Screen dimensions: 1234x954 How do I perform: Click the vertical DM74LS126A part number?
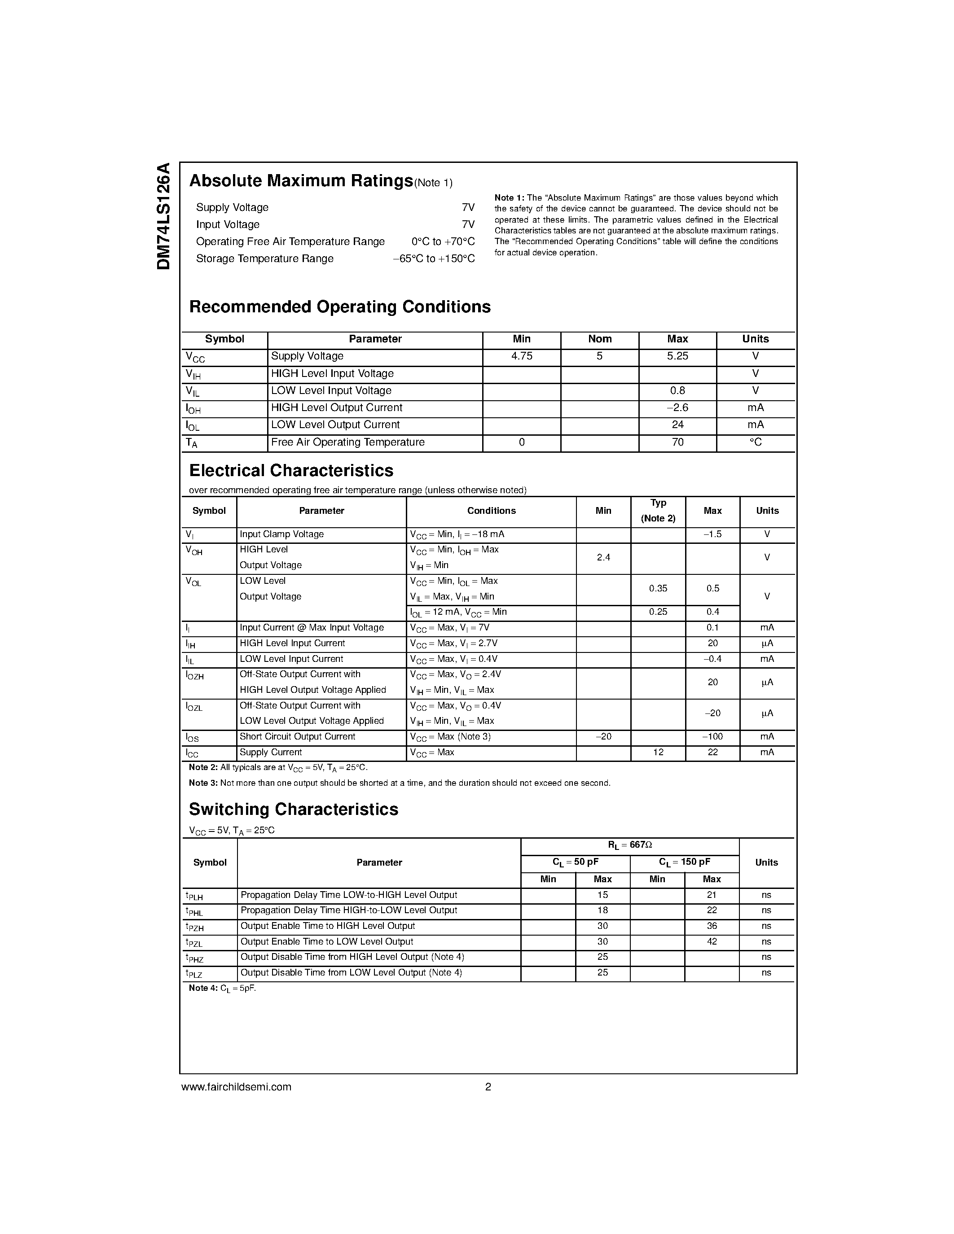tap(163, 216)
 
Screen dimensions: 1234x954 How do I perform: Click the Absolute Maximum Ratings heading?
tap(301, 181)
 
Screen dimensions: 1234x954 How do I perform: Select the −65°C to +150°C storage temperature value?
tap(434, 259)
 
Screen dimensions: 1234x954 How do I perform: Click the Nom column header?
tap(600, 339)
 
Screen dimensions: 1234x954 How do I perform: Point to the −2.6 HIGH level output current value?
tap(677, 408)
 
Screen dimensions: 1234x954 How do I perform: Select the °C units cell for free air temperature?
tap(755, 442)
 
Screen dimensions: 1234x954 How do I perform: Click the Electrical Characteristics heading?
tap(291, 471)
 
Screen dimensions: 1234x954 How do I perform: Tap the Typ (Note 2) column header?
tap(658, 511)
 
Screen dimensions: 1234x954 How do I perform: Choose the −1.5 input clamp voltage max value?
tap(712, 534)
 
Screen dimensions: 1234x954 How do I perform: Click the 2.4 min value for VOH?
tap(603, 558)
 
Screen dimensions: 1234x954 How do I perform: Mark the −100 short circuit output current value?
tap(712, 737)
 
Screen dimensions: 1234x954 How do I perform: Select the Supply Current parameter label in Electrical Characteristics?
tap(271, 753)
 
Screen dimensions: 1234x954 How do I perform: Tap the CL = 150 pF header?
tap(685, 862)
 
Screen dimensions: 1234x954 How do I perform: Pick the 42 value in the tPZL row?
tap(712, 942)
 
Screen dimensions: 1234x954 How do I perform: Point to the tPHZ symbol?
tap(194, 958)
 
